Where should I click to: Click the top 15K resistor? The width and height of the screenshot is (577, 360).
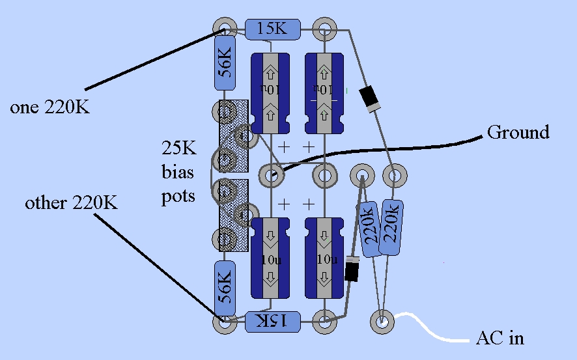(x=272, y=29)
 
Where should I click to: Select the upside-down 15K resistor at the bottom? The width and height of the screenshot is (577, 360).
(x=272, y=320)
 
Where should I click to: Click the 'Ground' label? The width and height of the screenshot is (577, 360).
(x=518, y=133)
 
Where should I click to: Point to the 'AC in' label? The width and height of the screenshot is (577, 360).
(x=500, y=339)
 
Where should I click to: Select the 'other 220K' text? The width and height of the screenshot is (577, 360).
(x=72, y=203)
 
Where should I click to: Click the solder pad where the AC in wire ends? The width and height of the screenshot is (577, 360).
(x=382, y=321)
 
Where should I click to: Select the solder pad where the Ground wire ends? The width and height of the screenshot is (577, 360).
(x=271, y=174)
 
